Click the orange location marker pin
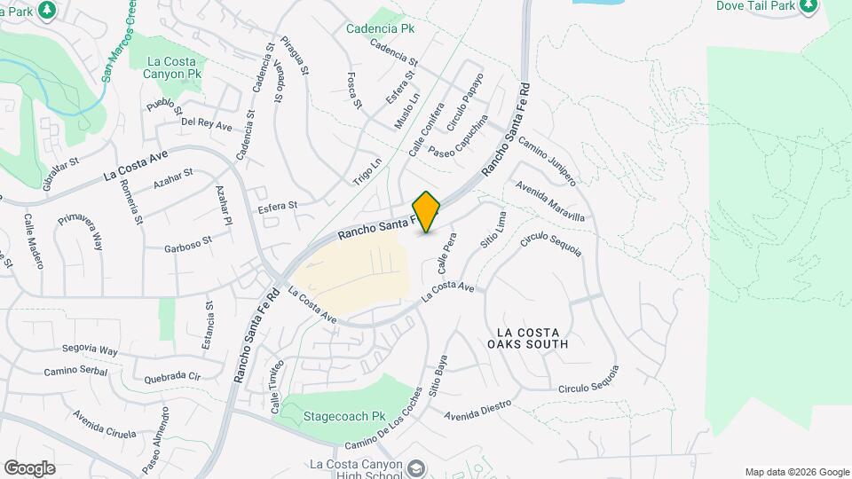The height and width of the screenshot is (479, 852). tap(427, 212)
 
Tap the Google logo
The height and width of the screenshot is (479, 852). tap(29, 468)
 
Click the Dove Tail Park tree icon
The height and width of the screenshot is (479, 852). tap(808, 7)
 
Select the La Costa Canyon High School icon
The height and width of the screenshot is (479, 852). tap(414, 467)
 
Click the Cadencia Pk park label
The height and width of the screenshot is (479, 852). tap(381, 27)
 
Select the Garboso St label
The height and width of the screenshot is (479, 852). tap(188, 244)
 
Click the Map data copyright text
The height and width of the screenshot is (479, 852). tap(796, 472)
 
